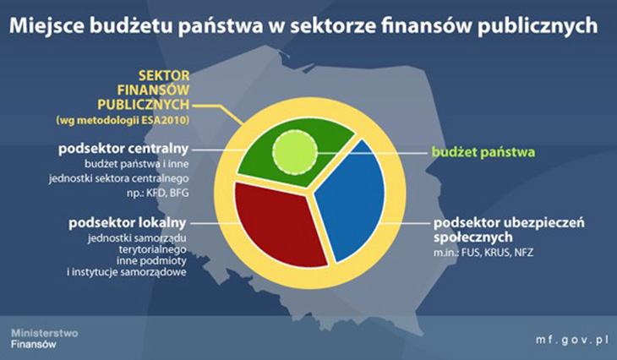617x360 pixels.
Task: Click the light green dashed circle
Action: (x=295, y=152)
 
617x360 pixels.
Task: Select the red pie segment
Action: (x=277, y=222)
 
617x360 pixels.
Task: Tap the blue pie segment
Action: (x=350, y=200)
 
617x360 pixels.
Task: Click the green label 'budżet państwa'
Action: (x=483, y=152)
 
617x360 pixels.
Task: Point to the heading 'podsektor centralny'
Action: (x=123, y=149)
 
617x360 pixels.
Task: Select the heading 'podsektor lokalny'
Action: (x=127, y=223)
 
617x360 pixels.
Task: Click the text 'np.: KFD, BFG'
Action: (x=158, y=194)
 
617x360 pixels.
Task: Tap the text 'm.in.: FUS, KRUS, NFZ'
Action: (x=483, y=252)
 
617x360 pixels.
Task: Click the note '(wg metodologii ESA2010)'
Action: (x=123, y=120)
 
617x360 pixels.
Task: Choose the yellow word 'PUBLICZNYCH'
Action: (x=143, y=105)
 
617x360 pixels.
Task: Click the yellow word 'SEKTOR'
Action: (x=164, y=75)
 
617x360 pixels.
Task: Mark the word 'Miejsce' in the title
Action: (x=46, y=26)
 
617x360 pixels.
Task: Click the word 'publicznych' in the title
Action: (x=538, y=26)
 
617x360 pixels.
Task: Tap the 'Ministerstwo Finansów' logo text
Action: (x=45, y=338)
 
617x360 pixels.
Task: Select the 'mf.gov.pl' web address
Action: (x=572, y=340)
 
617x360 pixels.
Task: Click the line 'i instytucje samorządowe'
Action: (x=127, y=272)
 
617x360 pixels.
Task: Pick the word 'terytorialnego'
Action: (x=153, y=249)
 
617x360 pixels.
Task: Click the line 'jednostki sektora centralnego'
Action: (x=119, y=178)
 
